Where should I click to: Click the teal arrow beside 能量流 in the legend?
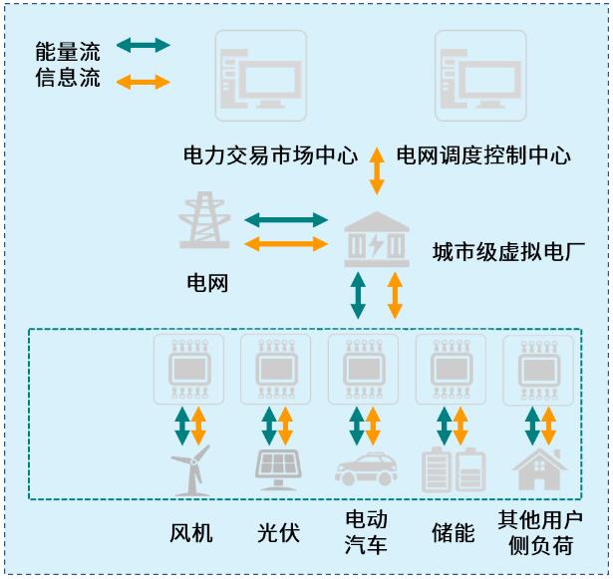pyautogui.click(x=144, y=45)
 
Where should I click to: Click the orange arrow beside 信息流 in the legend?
pyautogui.click(x=144, y=81)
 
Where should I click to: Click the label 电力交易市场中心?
pyautogui.click(x=270, y=155)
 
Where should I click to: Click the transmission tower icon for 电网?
pyautogui.click(x=205, y=222)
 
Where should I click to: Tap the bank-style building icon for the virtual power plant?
pyautogui.click(x=376, y=240)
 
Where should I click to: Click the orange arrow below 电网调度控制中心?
pyautogui.click(x=377, y=170)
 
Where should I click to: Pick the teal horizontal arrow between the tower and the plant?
pyautogui.click(x=286, y=219)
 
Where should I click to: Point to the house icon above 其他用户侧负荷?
pyautogui.click(x=539, y=469)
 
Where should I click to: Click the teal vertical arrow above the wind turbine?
pyautogui.click(x=182, y=425)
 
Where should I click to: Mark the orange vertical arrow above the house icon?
pyautogui.click(x=548, y=425)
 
